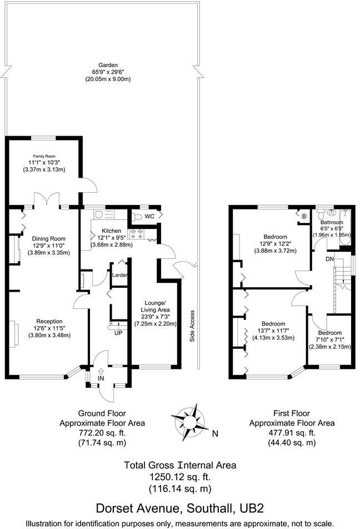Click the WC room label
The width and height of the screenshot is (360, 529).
[149, 216]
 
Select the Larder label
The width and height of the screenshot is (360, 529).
[120, 275]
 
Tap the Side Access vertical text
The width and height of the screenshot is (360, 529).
[192, 325]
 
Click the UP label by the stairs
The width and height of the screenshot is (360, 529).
[118, 333]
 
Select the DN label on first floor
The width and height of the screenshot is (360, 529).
[329, 259]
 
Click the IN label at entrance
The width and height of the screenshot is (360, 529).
[101, 378]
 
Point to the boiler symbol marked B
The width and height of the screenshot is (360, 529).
[304, 215]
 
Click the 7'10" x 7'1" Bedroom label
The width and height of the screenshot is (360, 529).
[331, 340]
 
